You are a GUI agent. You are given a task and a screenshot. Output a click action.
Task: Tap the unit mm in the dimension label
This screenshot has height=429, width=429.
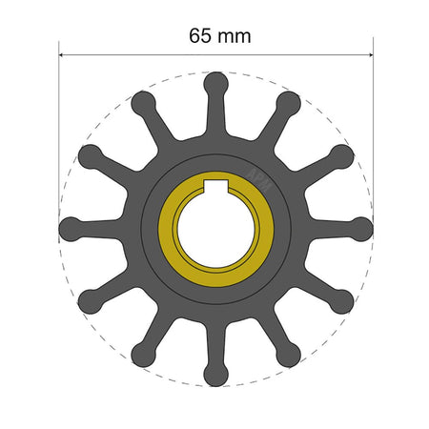pyautogui.click(x=234, y=36)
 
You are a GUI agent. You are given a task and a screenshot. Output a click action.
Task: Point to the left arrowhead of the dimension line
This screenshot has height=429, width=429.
pyautogui.click(x=63, y=54)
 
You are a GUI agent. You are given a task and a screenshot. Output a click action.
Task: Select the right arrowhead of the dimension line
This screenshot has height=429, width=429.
pyautogui.click(x=369, y=54)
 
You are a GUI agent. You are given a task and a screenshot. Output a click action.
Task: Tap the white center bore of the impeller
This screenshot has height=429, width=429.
pyautogui.click(x=216, y=229)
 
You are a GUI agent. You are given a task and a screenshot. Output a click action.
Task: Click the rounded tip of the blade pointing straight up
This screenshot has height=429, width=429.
pyautogui.click(x=216, y=82)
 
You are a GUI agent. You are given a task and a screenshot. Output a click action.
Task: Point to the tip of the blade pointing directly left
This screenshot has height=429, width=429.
pyautogui.click(x=70, y=229)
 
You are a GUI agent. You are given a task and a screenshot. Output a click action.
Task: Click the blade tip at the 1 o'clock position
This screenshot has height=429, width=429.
pyautogui.click(x=289, y=102)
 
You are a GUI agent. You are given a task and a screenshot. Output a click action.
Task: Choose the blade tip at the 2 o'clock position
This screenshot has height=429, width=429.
pyautogui.click(x=342, y=155)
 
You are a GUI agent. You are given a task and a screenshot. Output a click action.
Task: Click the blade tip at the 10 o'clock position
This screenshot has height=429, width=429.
pyautogui.click(x=90, y=155)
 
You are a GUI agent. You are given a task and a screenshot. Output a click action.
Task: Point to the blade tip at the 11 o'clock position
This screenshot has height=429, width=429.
pyautogui.click(x=143, y=102)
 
